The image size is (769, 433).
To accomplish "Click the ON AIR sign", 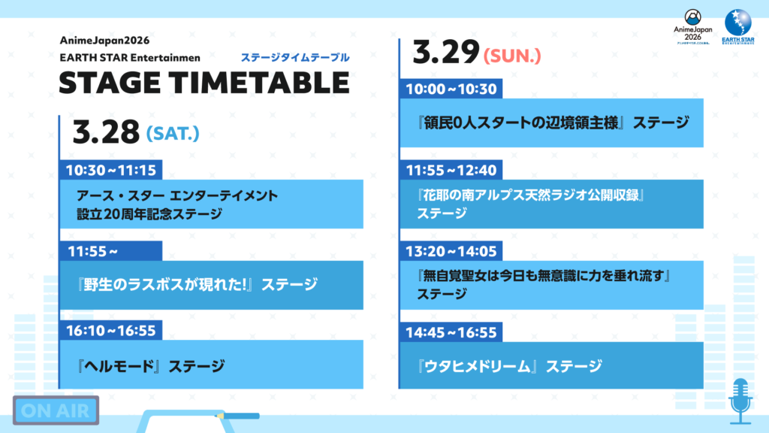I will coord(56,410).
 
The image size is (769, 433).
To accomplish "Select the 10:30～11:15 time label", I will coord(110,171).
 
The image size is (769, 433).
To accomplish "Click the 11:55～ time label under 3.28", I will coord(93,251).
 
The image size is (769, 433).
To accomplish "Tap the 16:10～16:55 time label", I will coord(110,331).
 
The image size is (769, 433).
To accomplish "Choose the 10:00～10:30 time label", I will coord(451,89).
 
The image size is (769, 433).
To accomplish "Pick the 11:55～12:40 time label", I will coord(451,170).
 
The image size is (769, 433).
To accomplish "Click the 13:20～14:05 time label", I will coord(451,250).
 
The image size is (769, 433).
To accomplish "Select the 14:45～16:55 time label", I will coord(451,331).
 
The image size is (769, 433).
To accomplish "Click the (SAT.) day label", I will coord(173,134).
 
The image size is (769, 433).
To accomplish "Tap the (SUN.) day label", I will coord(514,55).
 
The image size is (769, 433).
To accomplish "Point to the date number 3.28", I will coord(106,132).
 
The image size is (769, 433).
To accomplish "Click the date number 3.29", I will coord(446,53).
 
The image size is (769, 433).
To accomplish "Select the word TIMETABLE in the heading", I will coord(255,83).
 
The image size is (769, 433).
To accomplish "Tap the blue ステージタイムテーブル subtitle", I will coord(294,57).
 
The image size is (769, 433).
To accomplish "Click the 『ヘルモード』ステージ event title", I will coord(150,366).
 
